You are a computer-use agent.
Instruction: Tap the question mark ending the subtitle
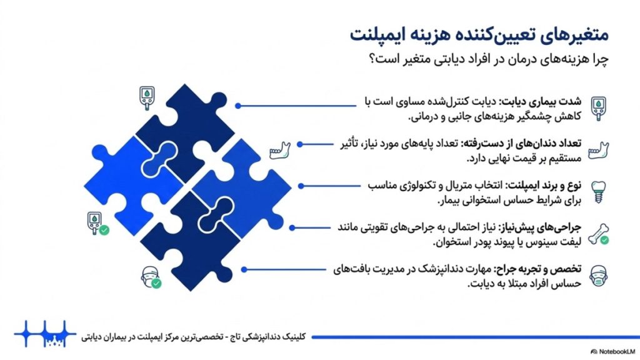tap(372, 59)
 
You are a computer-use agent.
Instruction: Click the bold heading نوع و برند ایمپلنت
tap(544, 186)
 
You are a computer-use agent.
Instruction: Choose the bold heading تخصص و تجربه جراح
tap(537, 269)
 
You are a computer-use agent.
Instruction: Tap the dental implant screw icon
tap(598, 192)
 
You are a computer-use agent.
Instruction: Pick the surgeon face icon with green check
tap(151, 277)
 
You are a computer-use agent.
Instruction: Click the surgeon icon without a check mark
tap(598, 276)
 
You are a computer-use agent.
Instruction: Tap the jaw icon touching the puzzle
tap(280, 151)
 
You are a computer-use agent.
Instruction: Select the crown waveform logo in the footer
tap(45, 334)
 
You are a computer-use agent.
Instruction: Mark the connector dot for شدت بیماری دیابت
tap(238, 106)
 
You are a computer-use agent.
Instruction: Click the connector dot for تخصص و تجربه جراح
tap(244, 269)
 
